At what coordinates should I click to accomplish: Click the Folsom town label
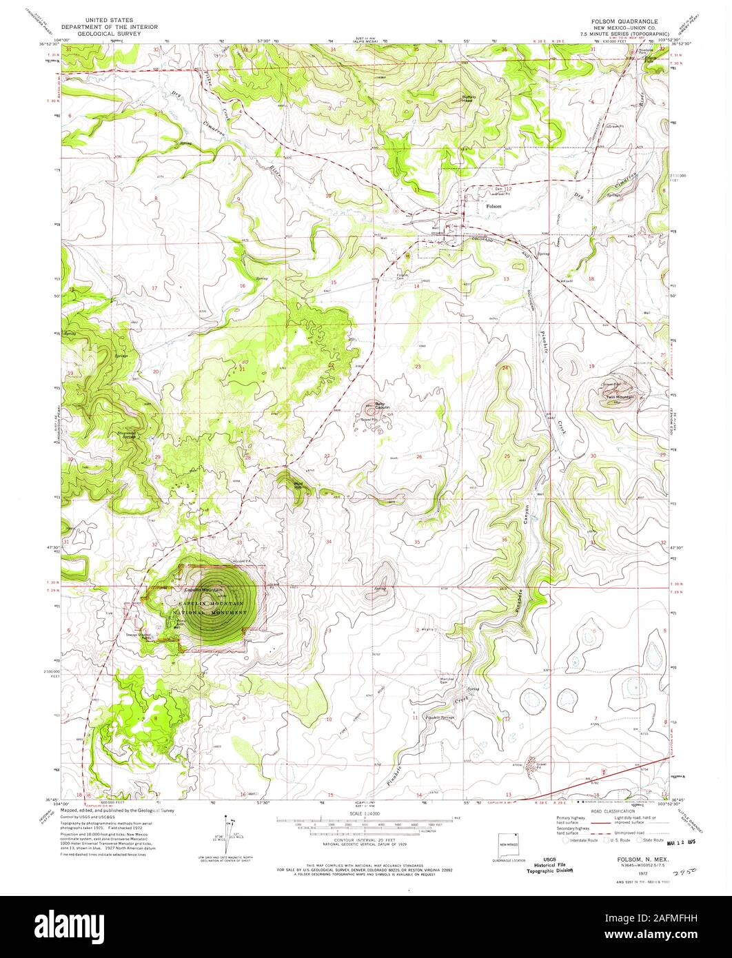[494, 206]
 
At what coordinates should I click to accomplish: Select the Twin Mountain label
[620, 398]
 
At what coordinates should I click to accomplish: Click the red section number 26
[419, 457]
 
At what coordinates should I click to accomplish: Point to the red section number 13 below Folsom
[506, 278]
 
